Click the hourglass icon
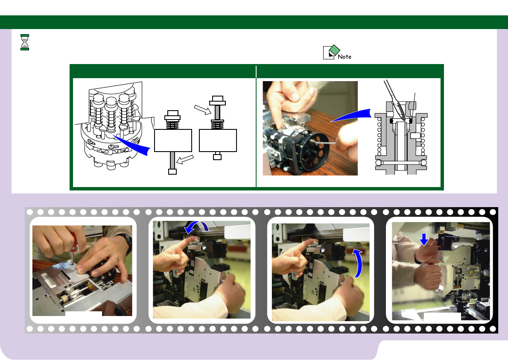[x=25, y=42]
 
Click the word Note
[x=345, y=57]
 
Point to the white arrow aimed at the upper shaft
[x=203, y=109]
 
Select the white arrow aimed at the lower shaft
[x=185, y=159]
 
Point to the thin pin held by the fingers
[x=326, y=142]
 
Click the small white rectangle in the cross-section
[x=415, y=135]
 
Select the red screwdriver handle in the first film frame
[x=74, y=241]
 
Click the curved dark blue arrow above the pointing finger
[x=197, y=226]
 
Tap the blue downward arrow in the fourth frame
[x=424, y=239]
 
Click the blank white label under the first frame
[x=84, y=313]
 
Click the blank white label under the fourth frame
[x=442, y=316]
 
